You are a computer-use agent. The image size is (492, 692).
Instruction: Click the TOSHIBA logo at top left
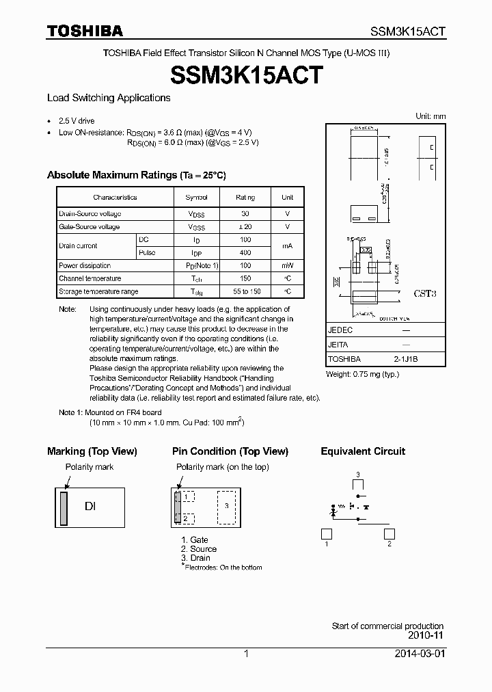click(x=85, y=31)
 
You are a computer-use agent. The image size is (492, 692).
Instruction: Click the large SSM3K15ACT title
click(x=245, y=75)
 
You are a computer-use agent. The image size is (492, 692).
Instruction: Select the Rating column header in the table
click(x=245, y=198)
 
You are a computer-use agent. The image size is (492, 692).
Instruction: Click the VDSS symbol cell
click(x=196, y=214)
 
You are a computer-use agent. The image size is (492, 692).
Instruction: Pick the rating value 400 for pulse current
click(x=245, y=253)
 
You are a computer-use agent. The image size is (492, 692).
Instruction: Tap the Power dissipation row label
click(x=85, y=266)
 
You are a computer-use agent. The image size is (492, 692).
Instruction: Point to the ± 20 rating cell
click(x=245, y=227)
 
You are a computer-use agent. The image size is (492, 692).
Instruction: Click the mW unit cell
click(x=287, y=266)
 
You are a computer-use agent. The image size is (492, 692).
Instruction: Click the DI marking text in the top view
click(x=90, y=507)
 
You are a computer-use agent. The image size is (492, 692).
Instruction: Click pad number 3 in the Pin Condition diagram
click(x=226, y=506)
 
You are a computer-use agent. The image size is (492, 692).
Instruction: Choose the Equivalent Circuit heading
click(x=363, y=451)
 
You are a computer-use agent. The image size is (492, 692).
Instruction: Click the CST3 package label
click(x=425, y=293)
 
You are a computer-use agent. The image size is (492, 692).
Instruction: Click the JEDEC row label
click(x=340, y=330)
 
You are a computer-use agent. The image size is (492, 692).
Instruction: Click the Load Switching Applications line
click(x=109, y=98)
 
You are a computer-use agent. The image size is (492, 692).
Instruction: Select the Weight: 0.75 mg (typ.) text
click(x=362, y=374)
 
